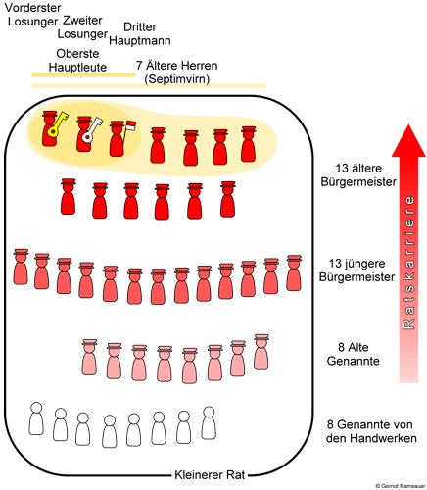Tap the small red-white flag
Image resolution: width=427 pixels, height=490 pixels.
[131, 126]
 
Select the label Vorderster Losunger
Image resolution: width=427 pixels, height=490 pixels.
[32, 15]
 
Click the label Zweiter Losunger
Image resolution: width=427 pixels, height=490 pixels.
[82, 27]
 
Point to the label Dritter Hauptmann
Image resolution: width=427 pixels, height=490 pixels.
[140, 34]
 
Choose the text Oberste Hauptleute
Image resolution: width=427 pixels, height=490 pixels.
[77, 61]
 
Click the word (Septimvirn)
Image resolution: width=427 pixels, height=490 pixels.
[176, 79]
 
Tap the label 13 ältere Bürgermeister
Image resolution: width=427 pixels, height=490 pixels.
[358, 175]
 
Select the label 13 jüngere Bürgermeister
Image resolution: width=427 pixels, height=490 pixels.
[356, 270]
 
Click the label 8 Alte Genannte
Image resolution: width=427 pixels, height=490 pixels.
[354, 354]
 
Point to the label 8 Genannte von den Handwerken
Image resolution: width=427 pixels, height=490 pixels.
[371, 431]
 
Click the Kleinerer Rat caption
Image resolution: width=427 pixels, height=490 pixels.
[210, 475]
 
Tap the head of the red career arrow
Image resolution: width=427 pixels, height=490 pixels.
[408, 141]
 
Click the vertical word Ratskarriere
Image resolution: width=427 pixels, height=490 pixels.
[408, 263]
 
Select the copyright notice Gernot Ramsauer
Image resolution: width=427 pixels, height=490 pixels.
[401, 486]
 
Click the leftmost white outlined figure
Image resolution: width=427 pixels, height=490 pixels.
[36, 418]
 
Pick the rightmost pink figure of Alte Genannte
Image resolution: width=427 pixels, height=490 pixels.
[261, 352]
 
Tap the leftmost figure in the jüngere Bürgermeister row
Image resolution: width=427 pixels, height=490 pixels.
[21, 267]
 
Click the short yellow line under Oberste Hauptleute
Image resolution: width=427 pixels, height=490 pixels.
[83, 74]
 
